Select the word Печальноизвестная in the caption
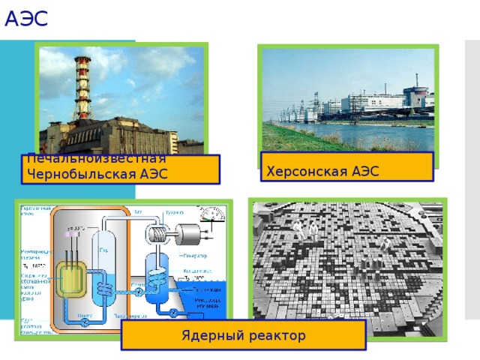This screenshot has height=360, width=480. [x=95, y=158]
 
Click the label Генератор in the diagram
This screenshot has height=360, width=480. [x=194, y=255]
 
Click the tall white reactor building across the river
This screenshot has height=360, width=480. [x=412, y=95]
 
